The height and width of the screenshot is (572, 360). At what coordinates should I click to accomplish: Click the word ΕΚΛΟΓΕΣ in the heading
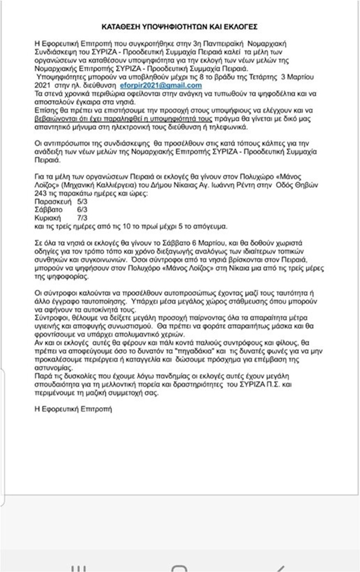pos(242,27)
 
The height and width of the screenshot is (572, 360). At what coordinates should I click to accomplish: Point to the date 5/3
pos(82,202)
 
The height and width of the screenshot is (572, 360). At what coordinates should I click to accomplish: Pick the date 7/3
pos(82,218)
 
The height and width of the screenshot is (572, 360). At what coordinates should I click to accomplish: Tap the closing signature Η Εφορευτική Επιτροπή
pos(73,409)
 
